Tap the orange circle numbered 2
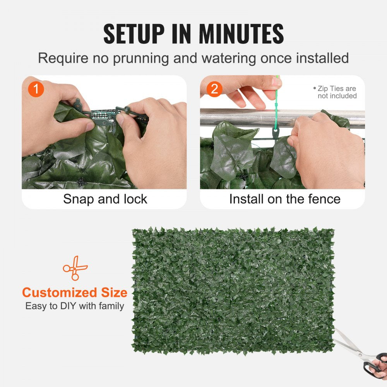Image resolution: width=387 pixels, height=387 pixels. tap(214, 89)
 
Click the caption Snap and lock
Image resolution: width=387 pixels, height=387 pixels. tap(105, 199)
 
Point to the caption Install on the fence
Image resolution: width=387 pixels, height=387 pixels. tap(284, 199)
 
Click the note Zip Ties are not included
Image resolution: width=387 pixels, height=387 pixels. tap(336, 92)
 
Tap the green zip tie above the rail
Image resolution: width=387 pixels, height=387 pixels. tap(276, 104)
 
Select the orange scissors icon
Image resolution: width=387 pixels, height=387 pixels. tap(75, 267)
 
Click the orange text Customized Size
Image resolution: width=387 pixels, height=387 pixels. tap(74, 292)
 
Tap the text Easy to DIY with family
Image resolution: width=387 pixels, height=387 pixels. tap(74, 306)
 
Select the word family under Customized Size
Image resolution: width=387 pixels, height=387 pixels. tap(110, 306)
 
